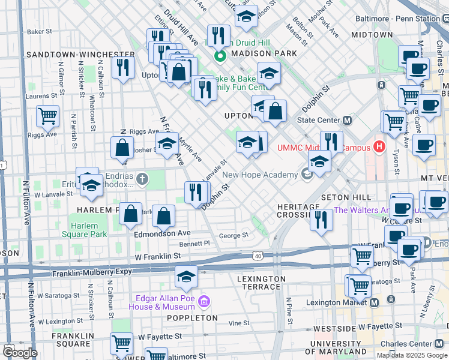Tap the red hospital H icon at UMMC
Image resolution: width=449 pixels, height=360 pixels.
[x=379, y=146]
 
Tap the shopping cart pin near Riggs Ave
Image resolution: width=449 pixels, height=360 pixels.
[x=47, y=115]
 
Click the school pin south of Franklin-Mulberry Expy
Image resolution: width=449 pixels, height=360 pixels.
[x=186, y=276]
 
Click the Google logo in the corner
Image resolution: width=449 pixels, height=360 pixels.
[x=20, y=352]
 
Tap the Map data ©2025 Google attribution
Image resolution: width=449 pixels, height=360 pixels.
[x=411, y=355]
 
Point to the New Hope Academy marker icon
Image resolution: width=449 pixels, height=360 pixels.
[x=307, y=175]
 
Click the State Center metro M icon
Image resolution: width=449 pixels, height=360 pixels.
[x=346, y=119]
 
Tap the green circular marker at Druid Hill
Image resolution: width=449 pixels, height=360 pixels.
[x=220, y=57]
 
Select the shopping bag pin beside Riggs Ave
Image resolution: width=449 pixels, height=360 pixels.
[x=122, y=147]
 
